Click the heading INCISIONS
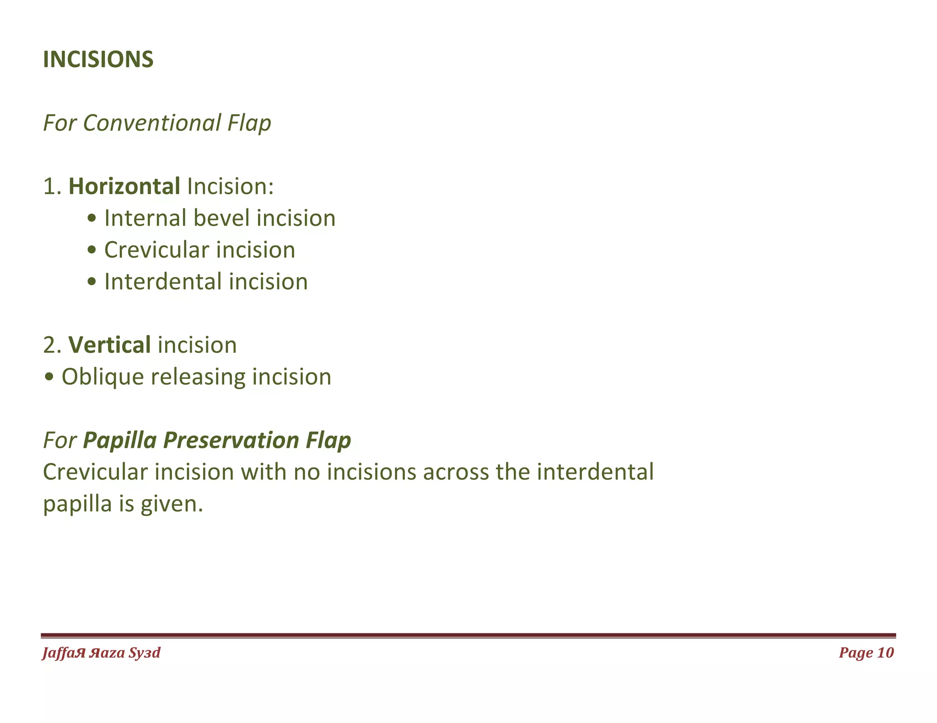[x=98, y=59]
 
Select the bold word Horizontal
[x=124, y=186]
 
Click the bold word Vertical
[x=109, y=345]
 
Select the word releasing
[x=198, y=377]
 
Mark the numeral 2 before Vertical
[x=49, y=345]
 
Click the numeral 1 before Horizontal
[x=49, y=186]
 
